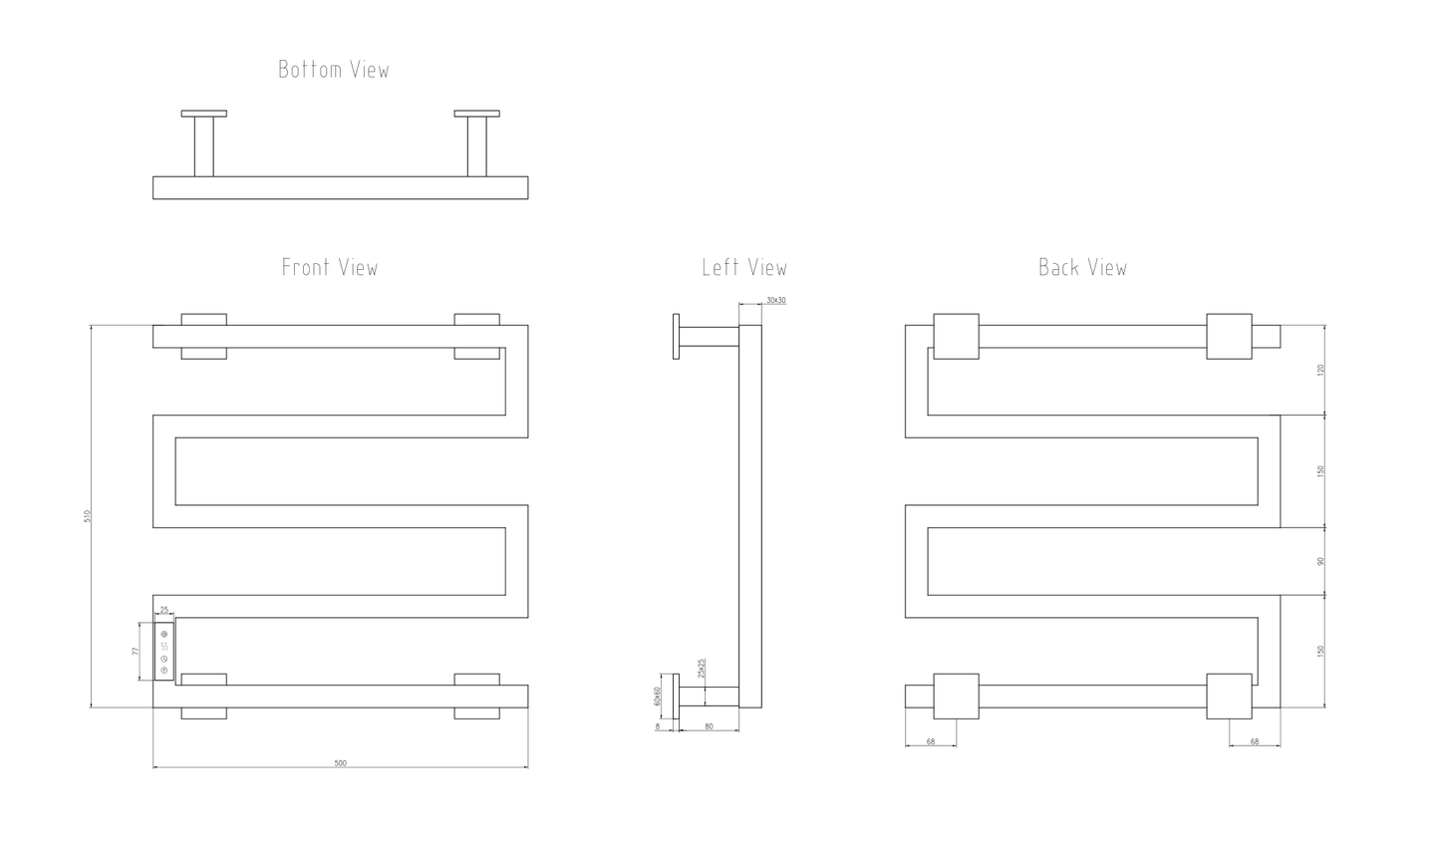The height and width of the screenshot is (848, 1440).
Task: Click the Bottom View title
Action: (334, 70)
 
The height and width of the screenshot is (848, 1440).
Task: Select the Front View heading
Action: (330, 267)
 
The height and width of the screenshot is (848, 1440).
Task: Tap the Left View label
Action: (744, 267)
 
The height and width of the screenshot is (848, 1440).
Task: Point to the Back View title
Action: (1083, 267)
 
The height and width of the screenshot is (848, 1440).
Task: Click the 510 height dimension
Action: (87, 516)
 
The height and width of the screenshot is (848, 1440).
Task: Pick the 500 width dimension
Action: (341, 763)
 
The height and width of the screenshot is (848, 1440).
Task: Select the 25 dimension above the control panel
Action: (163, 610)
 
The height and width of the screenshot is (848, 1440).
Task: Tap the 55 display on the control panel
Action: (164, 647)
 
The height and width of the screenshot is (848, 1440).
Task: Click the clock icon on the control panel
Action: (164, 658)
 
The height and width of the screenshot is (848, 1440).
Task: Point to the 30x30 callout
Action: (776, 300)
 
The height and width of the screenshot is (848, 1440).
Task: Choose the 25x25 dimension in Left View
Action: (703, 668)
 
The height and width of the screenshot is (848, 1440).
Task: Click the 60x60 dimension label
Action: (658, 696)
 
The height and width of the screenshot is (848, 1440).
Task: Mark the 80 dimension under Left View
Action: (709, 726)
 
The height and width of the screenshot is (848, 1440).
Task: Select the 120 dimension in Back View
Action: (1321, 370)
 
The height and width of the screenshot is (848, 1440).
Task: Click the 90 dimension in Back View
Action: (1321, 561)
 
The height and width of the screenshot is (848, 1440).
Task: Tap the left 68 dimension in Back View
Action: (931, 741)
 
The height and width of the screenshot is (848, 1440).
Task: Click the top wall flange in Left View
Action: (676, 337)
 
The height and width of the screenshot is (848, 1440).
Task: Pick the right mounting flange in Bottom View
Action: (476, 114)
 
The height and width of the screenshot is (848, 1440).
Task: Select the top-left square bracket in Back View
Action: (956, 337)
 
